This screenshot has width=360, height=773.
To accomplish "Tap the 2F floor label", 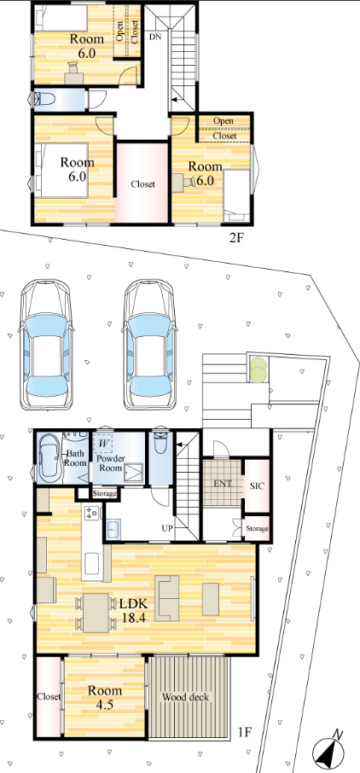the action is click(x=235, y=239).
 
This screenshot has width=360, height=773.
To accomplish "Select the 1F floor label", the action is click(x=244, y=730).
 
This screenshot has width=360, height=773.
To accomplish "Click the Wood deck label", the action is click(x=185, y=698).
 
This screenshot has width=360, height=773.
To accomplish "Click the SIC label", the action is click(x=257, y=485).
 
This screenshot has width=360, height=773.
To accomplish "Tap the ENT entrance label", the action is click(x=222, y=483).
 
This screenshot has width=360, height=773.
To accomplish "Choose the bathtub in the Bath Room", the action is click(x=49, y=458).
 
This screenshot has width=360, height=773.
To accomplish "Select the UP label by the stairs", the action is click(x=167, y=528).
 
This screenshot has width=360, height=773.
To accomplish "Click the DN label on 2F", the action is click(x=155, y=37).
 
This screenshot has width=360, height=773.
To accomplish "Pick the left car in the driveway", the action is click(x=46, y=345).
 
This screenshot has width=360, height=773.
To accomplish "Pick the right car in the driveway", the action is click(x=149, y=345).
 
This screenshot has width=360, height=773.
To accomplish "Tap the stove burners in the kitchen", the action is click(x=92, y=513).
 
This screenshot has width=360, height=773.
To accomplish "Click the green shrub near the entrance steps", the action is click(x=257, y=369).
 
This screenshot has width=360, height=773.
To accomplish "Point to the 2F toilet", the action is click(x=44, y=100).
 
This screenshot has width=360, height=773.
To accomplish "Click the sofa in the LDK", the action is click(x=168, y=598).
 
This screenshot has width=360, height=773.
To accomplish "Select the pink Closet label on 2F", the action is click(x=142, y=184).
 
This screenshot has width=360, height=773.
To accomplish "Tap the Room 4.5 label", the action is click(x=105, y=698).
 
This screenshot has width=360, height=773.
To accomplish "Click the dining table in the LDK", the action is click(x=96, y=613).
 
